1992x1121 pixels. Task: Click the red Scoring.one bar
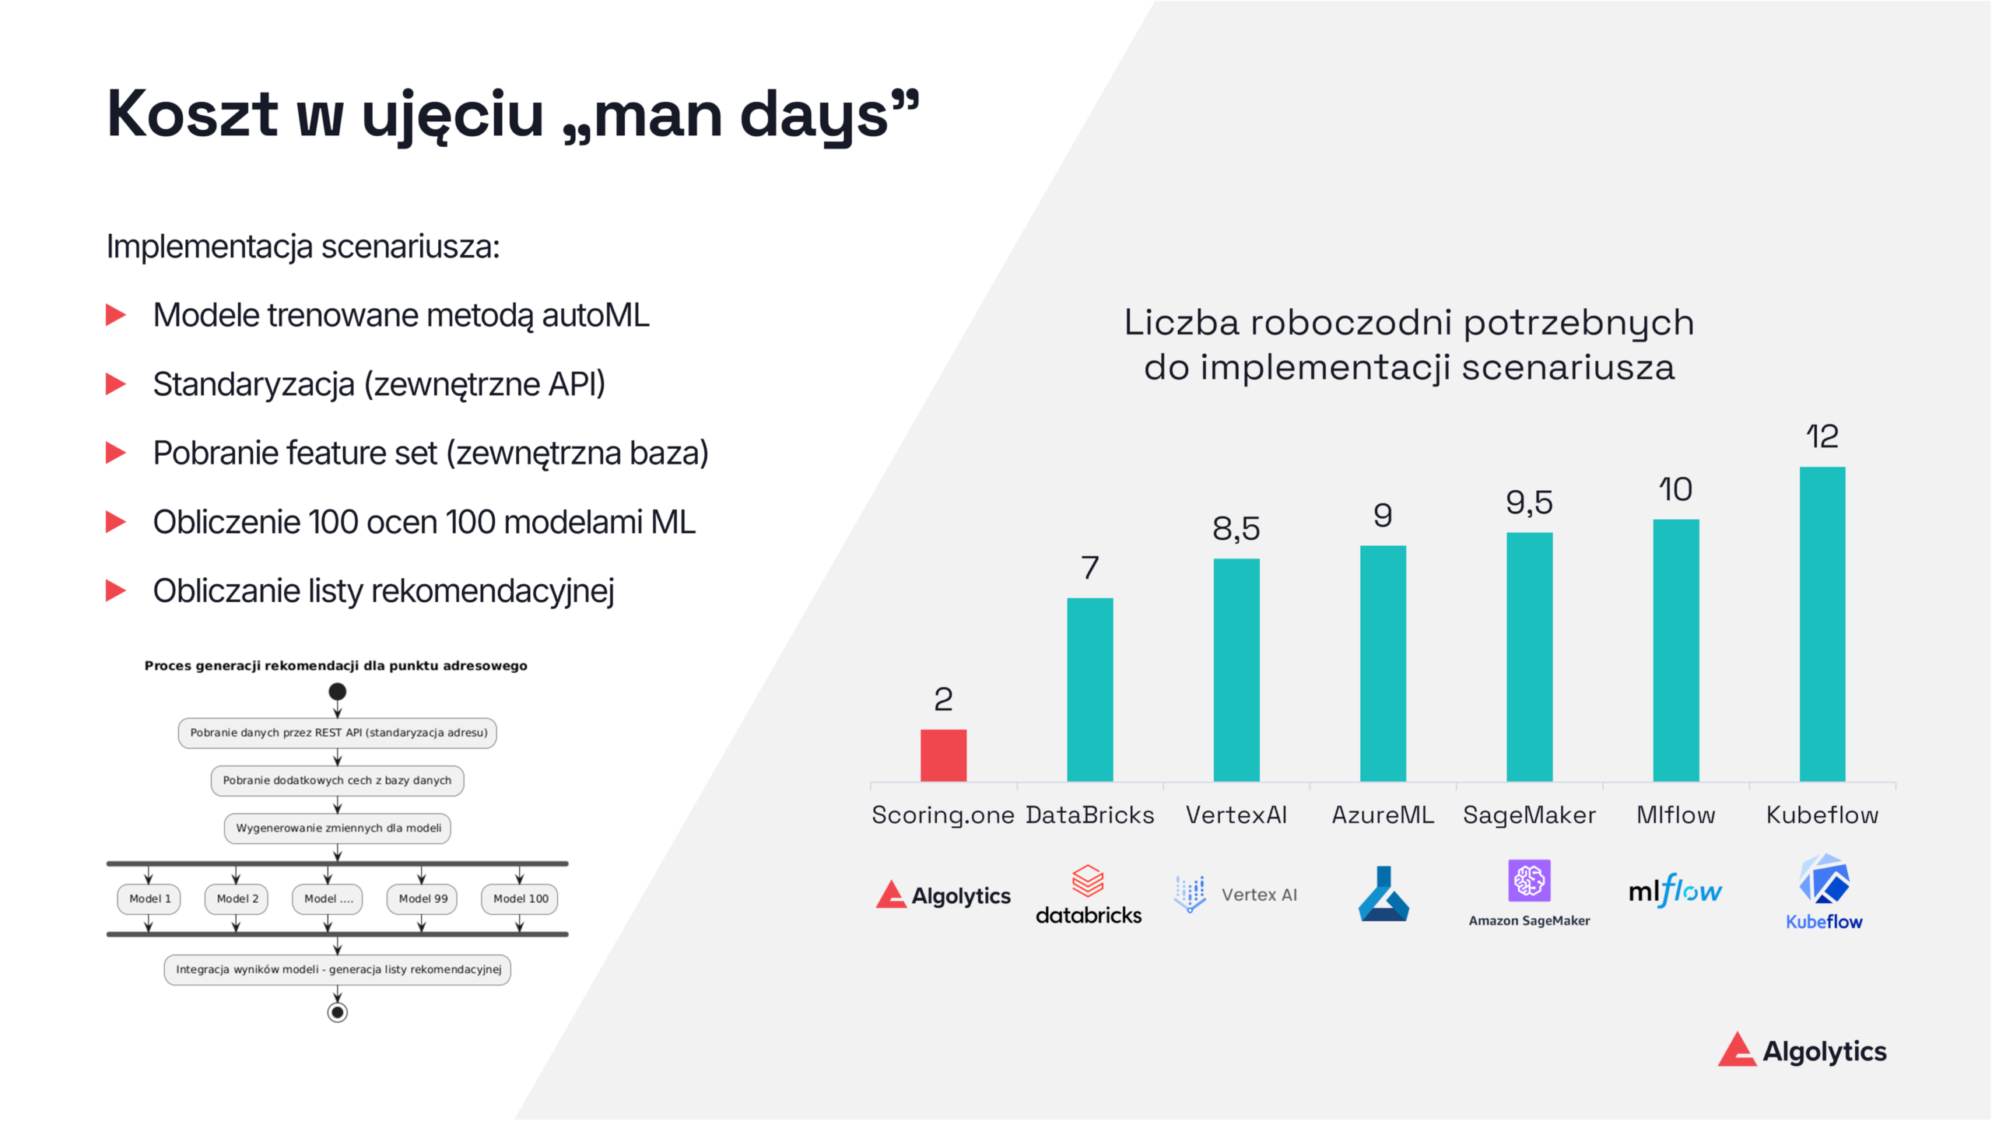tap(943, 755)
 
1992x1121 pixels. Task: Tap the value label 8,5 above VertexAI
tap(1236, 529)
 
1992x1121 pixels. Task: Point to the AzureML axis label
tap(1382, 814)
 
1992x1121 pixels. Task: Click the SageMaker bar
tap(1529, 657)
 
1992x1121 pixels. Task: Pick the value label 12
tap(1822, 436)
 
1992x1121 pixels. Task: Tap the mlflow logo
tap(1675, 892)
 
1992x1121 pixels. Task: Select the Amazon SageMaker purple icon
tap(1529, 881)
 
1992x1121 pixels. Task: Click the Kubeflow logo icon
tap(1823, 880)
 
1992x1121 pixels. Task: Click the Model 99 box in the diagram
tap(423, 899)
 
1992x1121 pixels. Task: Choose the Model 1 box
tap(149, 899)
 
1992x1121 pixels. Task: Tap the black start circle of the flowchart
tap(337, 692)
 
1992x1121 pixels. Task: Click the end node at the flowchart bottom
tap(337, 1012)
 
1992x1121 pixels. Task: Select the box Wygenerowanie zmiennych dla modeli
tap(338, 828)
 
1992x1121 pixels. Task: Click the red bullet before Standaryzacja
tap(116, 384)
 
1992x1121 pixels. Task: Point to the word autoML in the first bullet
tap(595, 315)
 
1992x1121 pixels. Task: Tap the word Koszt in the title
tap(191, 114)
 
